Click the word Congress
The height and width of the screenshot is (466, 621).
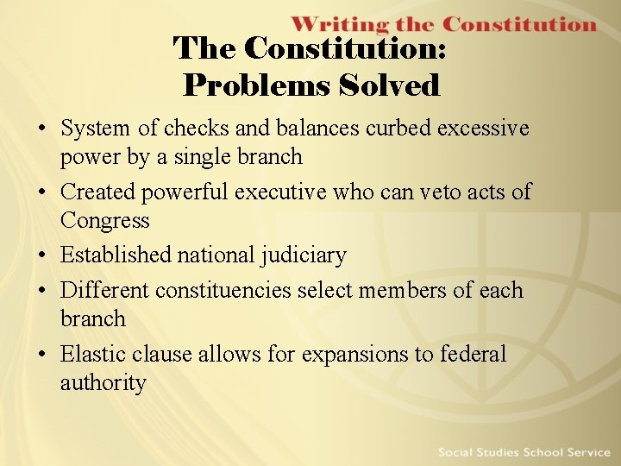(x=104, y=220)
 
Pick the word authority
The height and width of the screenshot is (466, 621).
(x=103, y=382)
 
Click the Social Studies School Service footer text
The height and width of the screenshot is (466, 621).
(x=524, y=452)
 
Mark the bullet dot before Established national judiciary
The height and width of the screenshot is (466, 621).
(x=42, y=256)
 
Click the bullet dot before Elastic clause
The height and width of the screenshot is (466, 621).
(x=42, y=355)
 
